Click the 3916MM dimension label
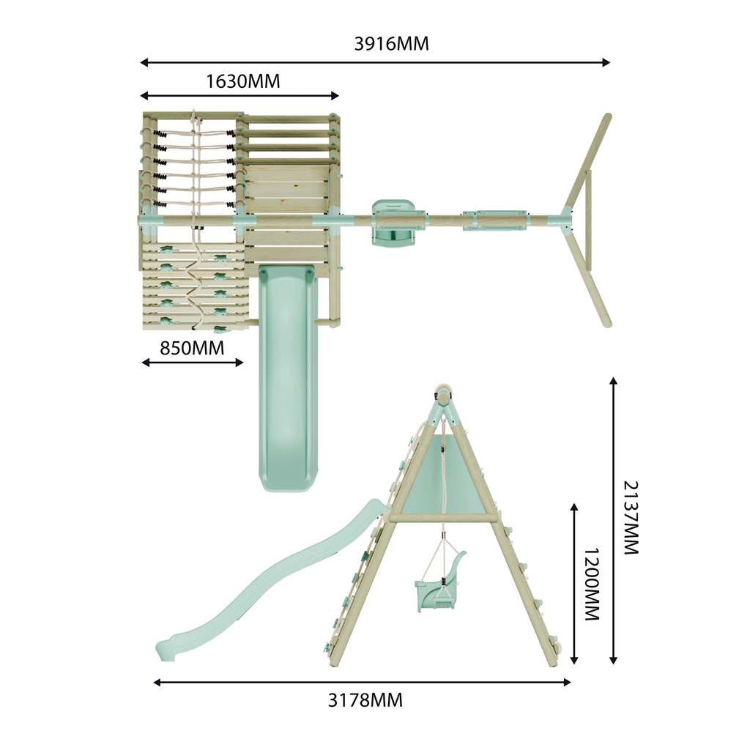pos(391,43)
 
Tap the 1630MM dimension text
pos(243,81)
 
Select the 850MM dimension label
pos(192,348)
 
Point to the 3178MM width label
pos(365,700)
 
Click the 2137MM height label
pos(631,518)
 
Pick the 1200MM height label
pos(592,584)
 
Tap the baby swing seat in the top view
pos(393,223)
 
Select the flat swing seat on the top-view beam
pos(495,220)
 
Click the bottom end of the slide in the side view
pos(165,651)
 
